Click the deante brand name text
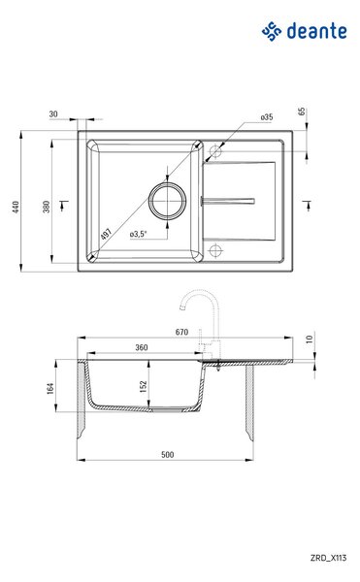[317, 31]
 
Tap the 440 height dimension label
[16, 207]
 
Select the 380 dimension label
[46, 207]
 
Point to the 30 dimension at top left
[53, 113]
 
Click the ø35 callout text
[267, 117]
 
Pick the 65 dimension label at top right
[302, 111]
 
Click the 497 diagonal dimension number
[106, 234]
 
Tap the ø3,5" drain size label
[139, 234]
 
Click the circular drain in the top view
[167, 201]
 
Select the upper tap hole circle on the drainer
[215, 151]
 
